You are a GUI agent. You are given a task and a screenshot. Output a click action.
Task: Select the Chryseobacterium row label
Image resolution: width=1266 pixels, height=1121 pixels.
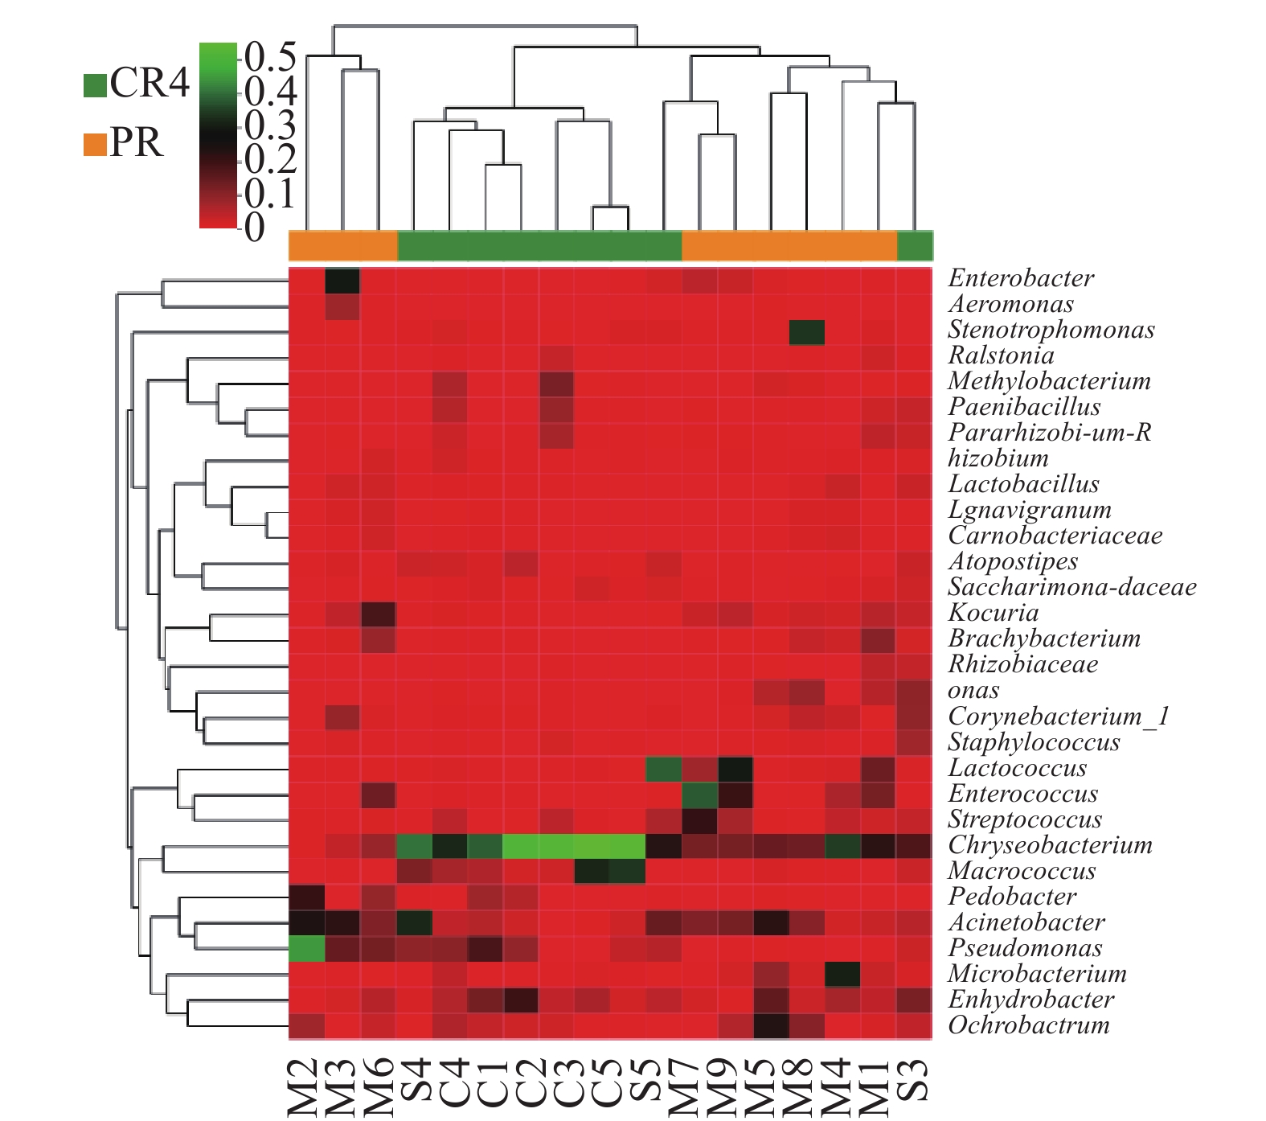click(1050, 845)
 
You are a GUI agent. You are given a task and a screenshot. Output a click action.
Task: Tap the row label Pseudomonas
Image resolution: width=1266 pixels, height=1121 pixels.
click(1025, 948)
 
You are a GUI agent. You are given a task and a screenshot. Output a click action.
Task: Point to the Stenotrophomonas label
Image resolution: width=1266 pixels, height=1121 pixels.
click(1051, 330)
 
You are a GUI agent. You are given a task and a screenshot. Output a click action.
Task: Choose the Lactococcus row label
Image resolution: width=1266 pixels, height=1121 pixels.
click(1017, 768)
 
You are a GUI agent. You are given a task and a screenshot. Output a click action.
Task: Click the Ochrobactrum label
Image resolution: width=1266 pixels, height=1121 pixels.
click(1029, 1025)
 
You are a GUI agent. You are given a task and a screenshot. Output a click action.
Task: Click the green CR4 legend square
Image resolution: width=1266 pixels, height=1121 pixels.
click(95, 85)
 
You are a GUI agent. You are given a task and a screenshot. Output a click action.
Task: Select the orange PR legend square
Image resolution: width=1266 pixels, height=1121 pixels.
click(95, 145)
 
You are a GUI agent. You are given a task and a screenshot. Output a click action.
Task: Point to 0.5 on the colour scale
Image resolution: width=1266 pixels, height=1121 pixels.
click(271, 57)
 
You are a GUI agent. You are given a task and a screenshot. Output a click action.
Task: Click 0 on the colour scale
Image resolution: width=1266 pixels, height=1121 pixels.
click(255, 228)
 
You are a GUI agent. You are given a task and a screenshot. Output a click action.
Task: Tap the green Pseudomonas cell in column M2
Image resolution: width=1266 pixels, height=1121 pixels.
click(307, 949)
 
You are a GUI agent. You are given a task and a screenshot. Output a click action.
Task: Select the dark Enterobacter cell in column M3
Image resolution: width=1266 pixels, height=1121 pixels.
click(342, 281)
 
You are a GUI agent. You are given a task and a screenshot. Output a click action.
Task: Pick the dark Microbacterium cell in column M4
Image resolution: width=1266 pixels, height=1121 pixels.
click(842, 975)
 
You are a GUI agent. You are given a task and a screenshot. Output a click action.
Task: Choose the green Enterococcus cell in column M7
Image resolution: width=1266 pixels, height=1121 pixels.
click(700, 795)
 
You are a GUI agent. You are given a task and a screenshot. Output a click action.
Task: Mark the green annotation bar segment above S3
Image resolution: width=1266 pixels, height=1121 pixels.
click(915, 245)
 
